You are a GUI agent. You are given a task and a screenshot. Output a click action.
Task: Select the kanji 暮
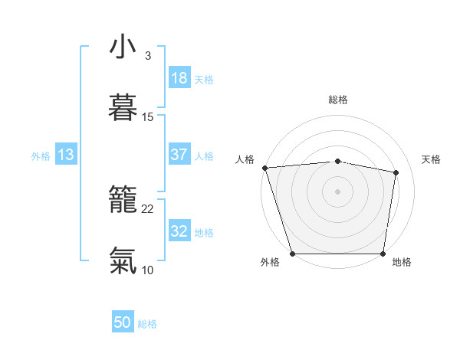[x=123, y=109]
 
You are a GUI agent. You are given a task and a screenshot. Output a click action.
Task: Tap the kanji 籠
[x=123, y=201]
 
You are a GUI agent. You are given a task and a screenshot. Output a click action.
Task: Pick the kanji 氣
[x=123, y=261]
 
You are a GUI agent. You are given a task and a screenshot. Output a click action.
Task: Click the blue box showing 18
[x=179, y=78]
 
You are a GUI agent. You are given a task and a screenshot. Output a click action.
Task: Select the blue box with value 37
[x=179, y=155]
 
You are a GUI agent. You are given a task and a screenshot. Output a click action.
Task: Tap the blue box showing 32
[x=179, y=231]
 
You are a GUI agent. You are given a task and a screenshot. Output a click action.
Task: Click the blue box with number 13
[x=66, y=155]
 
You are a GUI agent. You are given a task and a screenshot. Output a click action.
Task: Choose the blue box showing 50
[x=123, y=323]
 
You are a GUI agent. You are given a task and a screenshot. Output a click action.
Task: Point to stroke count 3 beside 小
[x=147, y=56]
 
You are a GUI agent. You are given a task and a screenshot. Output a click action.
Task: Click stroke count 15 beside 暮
[x=148, y=117]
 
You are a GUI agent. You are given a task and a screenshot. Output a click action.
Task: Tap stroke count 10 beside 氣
[x=148, y=270]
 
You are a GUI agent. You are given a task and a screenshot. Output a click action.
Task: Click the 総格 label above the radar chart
[x=337, y=100]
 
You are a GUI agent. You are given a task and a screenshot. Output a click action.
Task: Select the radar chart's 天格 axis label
[x=432, y=159]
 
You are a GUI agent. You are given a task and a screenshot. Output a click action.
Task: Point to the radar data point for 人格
[x=264, y=168]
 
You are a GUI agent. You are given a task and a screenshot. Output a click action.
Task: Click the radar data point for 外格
[x=293, y=254]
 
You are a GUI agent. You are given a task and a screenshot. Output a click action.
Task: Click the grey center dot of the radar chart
[x=337, y=191]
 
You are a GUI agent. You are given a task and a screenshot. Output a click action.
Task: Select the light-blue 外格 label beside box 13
[x=41, y=155]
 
